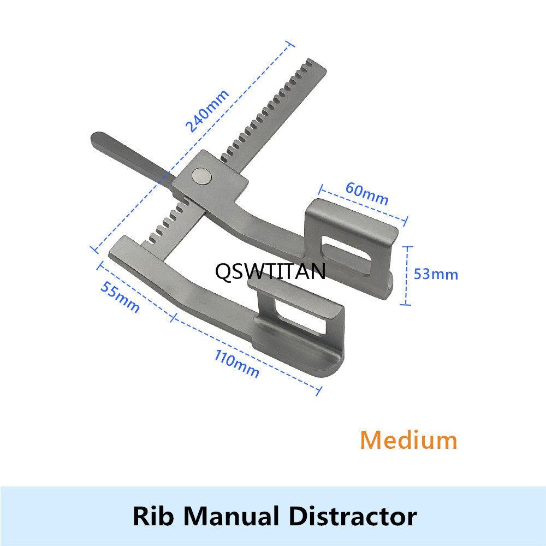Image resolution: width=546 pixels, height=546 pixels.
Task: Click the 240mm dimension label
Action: pyautogui.click(x=207, y=111)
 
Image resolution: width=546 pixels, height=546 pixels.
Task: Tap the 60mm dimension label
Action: pyautogui.click(x=367, y=194)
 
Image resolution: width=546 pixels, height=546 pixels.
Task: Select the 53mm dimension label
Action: pyautogui.click(x=436, y=275)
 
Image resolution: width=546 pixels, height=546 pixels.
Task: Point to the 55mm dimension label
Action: pyautogui.click(x=120, y=297)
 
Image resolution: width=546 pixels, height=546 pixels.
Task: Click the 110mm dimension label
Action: pyautogui.click(x=237, y=364)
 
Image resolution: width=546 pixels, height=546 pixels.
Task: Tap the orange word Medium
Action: pyautogui.click(x=409, y=440)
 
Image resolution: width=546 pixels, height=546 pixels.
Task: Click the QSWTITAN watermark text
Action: pyautogui.click(x=270, y=271)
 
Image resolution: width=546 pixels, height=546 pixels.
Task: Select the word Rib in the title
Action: pyautogui.click(x=153, y=516)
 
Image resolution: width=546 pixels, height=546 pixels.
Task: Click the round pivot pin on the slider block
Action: pyautogui.click(x=201, y=175)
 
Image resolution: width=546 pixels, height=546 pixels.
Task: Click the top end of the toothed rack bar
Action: pyautogui.click(x=316, y=65)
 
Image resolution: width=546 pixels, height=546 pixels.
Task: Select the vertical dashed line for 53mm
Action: pyautogui.click(x=406, y=276)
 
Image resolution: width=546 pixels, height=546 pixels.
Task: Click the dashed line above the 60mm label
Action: pyautogui.click(x=363, y=205)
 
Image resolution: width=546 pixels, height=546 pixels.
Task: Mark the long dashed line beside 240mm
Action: pyautogui.click(x=192, y=147)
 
